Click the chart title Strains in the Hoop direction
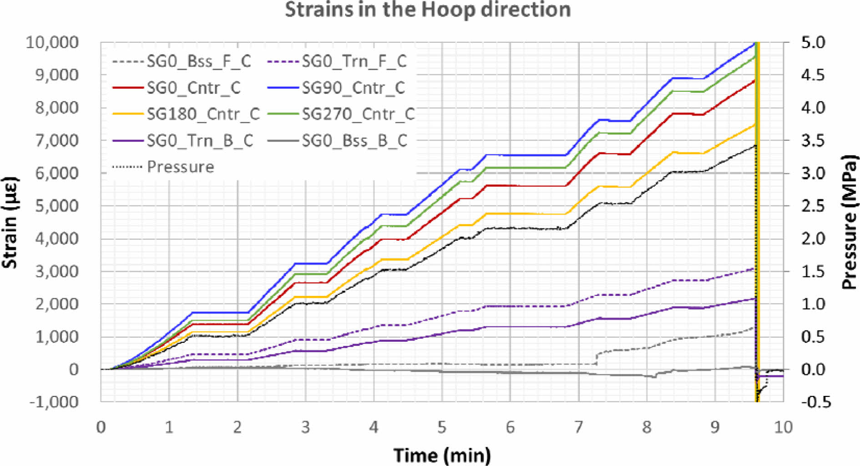[428, 10]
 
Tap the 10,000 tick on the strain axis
[52, 42]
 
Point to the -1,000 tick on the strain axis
[54, 402]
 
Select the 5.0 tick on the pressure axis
[813, 42]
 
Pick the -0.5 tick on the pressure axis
[816, 402]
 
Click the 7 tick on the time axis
[578, 427]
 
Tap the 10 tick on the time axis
[783, 427]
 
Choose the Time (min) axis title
[442, 455]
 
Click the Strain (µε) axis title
[10, 222]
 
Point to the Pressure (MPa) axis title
[849, 222]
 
